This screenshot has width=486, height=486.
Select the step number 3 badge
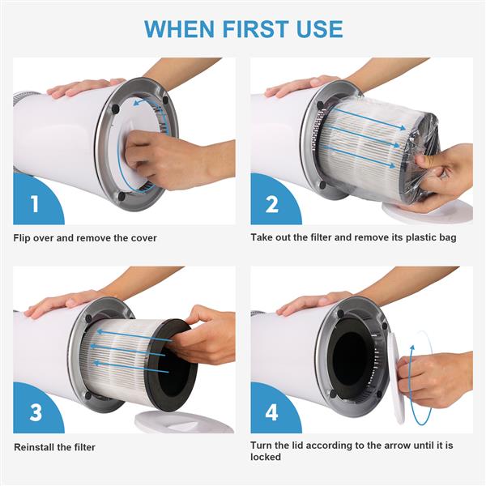pyautogui.click(x=34, y=411)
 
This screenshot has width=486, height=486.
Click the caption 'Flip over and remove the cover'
pyautogui.click(x=85, y=238)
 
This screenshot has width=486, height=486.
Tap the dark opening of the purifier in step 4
pyautogui.click(x=352, y=356)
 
